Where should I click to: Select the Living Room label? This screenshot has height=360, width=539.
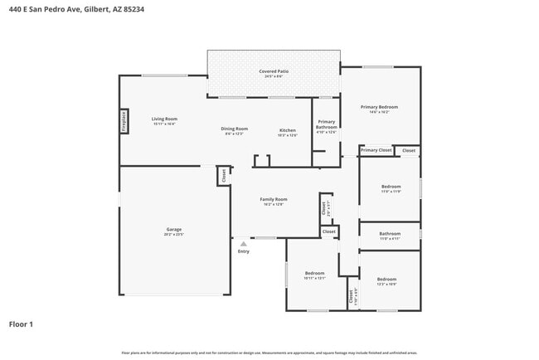[164, 119]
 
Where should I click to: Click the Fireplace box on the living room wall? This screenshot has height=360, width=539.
[124, 121]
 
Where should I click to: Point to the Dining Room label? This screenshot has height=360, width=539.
[234, 129]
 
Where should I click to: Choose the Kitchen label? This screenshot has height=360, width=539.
[287, 130]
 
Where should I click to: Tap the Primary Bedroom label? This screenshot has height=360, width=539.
[379, 107]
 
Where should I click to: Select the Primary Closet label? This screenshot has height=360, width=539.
[376, 150]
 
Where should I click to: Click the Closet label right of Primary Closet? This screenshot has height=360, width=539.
[409, 150]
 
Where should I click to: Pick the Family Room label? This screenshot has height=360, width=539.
[274, 199]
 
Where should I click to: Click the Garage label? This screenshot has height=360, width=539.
[174, 229]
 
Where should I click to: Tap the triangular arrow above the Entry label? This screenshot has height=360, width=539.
[243, 244]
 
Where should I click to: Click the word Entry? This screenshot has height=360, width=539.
[243, 251]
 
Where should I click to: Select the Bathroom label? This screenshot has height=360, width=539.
[390, 234]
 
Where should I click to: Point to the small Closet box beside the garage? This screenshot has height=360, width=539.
[222, 176]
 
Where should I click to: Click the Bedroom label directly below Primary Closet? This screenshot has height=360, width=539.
[391, 187]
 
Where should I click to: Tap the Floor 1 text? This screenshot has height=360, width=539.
[22, 324]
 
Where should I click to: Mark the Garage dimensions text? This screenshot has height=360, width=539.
[174, 235]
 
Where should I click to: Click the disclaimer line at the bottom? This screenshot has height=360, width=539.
[269, 353]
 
